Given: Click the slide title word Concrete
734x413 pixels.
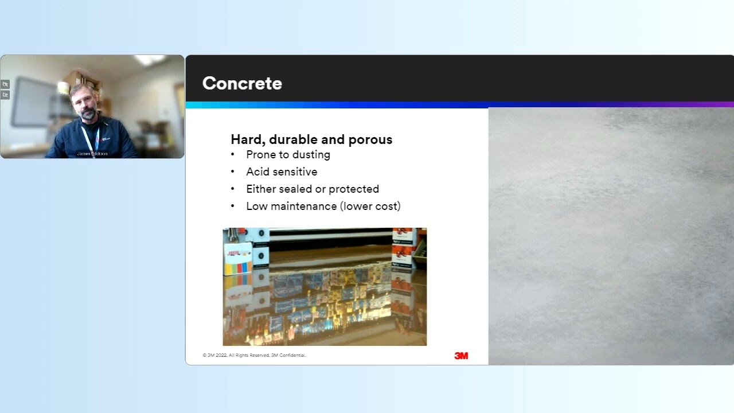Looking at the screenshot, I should [x=242, y=83].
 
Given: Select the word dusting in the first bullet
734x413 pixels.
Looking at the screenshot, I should [x=311, y=155].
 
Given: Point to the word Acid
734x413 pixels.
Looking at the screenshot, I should [x=257, y=172].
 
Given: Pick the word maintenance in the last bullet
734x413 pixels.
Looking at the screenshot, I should [x=303, y=206].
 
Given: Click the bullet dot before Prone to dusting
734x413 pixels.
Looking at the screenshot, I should [x=233, y=155].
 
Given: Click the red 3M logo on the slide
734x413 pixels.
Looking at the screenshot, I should [x=461, y=356].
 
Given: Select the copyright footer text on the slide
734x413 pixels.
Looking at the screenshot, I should [x=254, y=356].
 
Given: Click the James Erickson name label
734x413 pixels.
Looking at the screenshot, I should [x=92, y=154].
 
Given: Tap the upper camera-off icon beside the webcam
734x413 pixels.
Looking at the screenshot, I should [x=5, y=84].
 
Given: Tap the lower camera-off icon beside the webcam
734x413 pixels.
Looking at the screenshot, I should [x=5, y=95].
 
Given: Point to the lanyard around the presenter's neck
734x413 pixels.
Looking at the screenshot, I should [x=90, y=138].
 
